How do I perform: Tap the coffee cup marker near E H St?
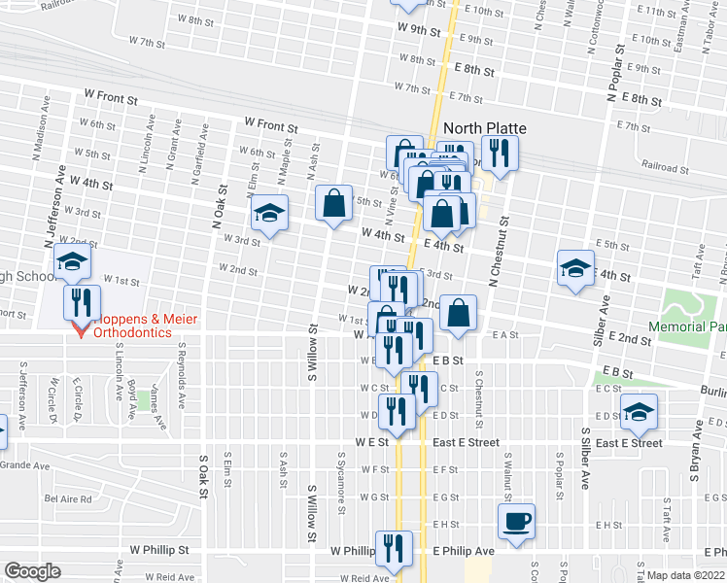pos(517,521)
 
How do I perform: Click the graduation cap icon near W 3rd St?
pos(269,214)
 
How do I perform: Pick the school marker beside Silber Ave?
pos(575,268)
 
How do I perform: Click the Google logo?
pos(32,571)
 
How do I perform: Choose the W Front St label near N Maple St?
pos(271,126)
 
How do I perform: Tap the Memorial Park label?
pos(686,327)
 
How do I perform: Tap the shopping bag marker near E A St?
pos(459,313)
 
